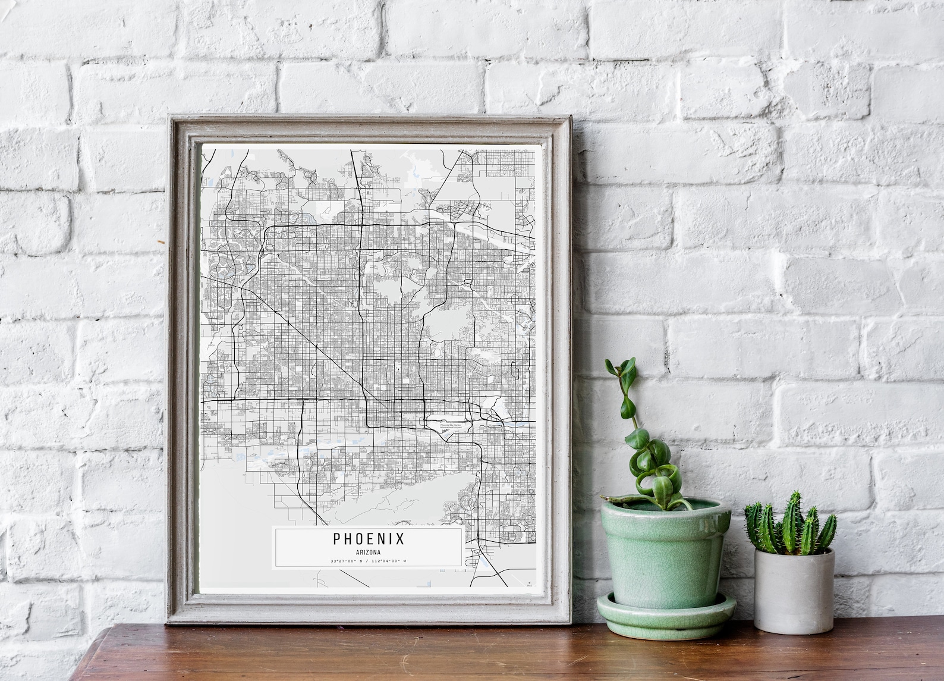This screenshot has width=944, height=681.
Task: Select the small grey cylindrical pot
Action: (x=793, y=589)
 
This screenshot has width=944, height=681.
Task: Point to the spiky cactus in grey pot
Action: (x=790, y=523)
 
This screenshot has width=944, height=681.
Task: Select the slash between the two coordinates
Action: (x=367, y=561)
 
